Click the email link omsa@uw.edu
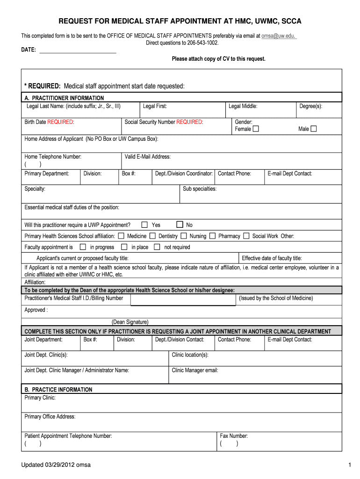tap(279, 36)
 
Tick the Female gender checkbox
tap(256, 129)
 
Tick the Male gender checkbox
tap(314, 129)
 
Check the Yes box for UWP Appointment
tap(145, 225)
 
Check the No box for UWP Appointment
tap(180, 225)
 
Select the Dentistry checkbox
tap(152, 236)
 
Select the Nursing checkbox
tap(184, 236)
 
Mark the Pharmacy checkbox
tap(212, 236)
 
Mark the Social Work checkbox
tap(246, 236)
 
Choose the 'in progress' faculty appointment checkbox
tap(83, 247)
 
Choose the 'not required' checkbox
tap(157, 247)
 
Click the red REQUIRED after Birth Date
tap(61, 122)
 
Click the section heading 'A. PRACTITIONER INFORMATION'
tap(64, 98)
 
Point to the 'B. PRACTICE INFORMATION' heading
tap(58, 390)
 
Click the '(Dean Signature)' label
tap(130, 322)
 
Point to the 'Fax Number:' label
tap(233, 436)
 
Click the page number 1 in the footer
tap(349, 464)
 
